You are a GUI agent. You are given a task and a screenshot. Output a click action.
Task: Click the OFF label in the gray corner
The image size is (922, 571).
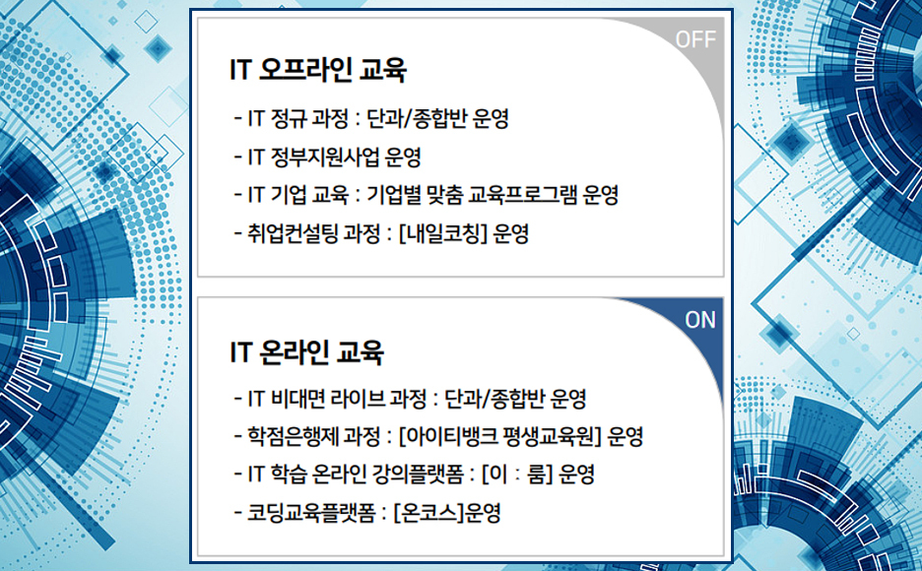point(695,39)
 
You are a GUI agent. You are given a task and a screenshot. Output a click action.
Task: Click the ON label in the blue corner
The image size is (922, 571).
point(700,320)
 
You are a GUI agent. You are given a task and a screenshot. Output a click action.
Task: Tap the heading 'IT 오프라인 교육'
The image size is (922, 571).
point(317,69)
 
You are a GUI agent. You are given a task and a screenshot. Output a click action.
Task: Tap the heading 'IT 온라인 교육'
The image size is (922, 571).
point(306,351)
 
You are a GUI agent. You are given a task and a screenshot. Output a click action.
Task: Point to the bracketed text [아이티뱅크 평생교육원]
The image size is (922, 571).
point(499,436)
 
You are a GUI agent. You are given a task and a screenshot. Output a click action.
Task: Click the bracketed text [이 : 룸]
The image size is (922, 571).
point(517,475)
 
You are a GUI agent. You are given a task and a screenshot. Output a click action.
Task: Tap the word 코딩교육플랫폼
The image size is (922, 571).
point(311,513)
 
